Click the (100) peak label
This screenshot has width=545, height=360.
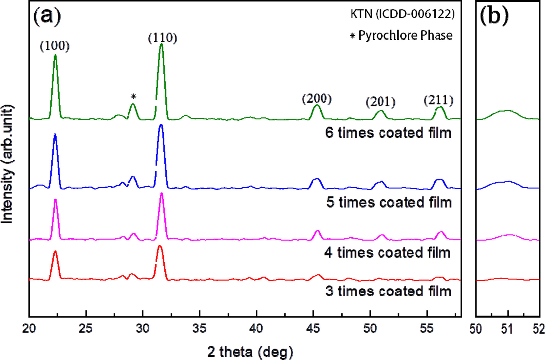click(55, 46)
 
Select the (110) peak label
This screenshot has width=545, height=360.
click(163, 38)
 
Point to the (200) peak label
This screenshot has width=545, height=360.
click(317, 99)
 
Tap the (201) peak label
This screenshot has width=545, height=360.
click(380, 102)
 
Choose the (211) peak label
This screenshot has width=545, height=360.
click(438, 100)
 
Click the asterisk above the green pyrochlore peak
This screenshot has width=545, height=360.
click(133, 97)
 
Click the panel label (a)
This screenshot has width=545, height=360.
click(47, 15)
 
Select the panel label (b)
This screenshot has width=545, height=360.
click(494, 15)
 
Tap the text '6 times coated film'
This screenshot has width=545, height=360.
click(388, 133)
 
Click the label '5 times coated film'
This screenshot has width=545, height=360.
click(389, 202)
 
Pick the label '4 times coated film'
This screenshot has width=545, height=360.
click(387, 253)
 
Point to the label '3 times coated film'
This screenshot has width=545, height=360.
click(388, 291)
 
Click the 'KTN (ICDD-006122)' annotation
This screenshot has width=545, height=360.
click(402, 14)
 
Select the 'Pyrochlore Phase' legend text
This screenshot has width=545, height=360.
click(405, 36)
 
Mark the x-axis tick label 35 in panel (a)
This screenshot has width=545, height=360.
click(199, 328)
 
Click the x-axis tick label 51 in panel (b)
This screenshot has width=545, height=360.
click(507, 329)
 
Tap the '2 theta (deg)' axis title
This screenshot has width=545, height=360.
click(250, 352)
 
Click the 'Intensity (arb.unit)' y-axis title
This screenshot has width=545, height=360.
click(7, 164)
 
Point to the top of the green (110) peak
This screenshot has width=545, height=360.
click(161, 44)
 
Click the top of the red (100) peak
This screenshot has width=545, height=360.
click(55, 252)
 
